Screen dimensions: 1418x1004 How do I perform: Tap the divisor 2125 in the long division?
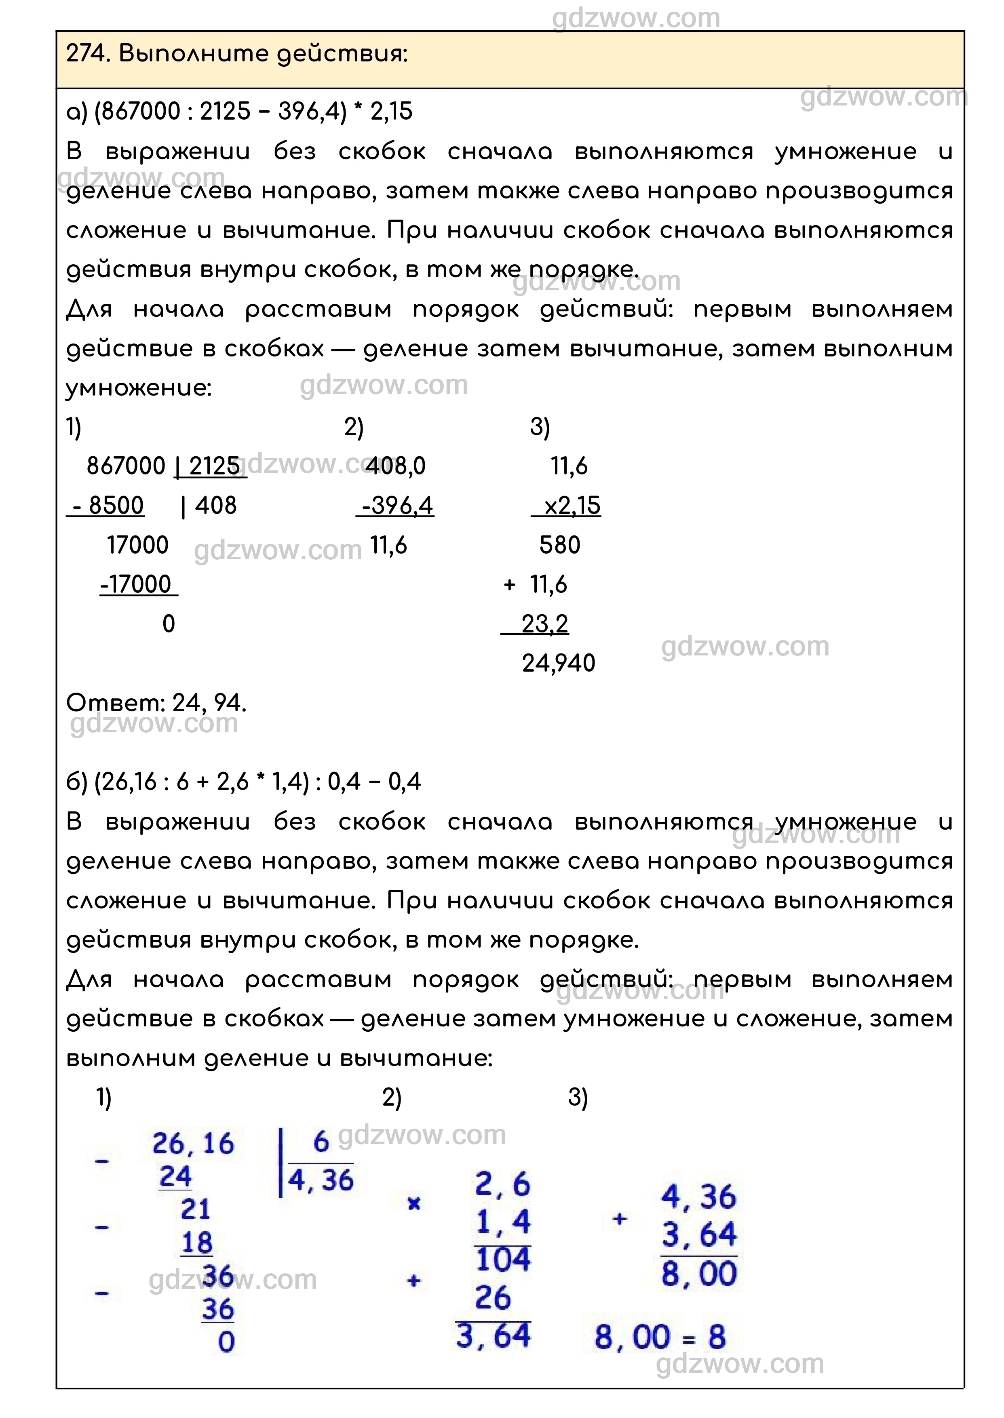[x=214, y=466]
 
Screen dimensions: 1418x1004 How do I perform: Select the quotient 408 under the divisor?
[x=216, y=506]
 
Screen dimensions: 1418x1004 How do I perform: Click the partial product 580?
[x=559, y=545]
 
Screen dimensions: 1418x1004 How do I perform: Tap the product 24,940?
[x=558, y=663]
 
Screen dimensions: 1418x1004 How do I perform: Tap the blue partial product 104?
[x=503, y=1259]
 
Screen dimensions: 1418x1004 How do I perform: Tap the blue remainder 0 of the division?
[x=226, y=1341]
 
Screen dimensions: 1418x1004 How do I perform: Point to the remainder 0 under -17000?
[x=168, y=624]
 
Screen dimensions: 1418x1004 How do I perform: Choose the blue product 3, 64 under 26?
[x=494, y=1335]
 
